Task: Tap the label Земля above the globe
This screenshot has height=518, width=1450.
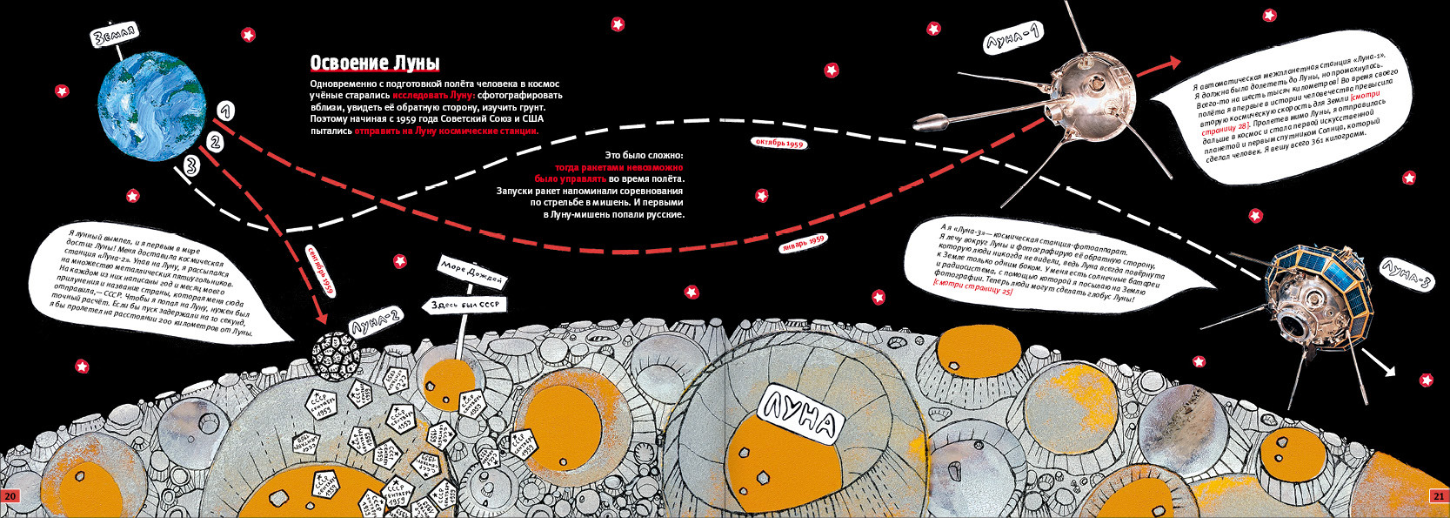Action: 114,36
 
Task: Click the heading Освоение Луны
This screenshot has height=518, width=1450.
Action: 375,64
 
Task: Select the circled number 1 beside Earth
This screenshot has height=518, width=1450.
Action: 224,111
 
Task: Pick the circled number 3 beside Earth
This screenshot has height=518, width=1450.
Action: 191,165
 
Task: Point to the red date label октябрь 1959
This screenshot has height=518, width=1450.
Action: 778,142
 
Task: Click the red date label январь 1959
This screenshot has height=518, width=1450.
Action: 803,243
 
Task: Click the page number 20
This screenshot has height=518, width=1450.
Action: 10,495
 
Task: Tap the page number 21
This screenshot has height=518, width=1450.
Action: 1438,495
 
